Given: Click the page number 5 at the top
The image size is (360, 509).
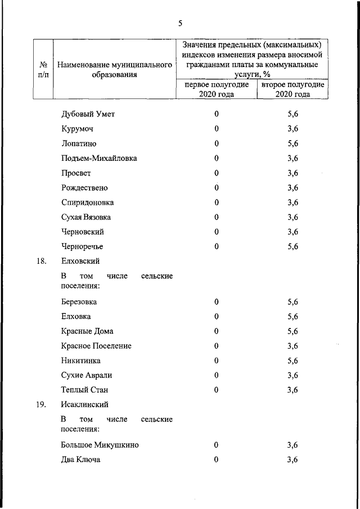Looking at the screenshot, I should click(180, 24).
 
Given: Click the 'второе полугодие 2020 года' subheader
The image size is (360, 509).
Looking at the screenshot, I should click(292, 89).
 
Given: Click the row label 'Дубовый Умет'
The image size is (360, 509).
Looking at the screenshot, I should click(88, 114).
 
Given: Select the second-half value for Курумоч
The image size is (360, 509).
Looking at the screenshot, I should click(292, 129).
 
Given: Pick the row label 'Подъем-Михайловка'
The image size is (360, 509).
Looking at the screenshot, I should click(98, 158).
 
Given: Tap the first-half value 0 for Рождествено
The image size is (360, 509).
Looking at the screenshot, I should click(216, 187).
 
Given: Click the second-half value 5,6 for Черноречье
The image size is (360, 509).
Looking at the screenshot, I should click(292, 246).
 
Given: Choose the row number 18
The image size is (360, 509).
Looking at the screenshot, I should click(40, 261).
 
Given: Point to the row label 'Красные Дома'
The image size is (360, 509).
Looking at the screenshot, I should click(87, 331).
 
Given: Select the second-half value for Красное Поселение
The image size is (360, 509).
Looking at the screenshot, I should click(292, 346).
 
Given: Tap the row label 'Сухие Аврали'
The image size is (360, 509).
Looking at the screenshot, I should click(87, 375).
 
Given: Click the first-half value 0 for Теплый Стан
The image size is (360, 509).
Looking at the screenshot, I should click(216, 390).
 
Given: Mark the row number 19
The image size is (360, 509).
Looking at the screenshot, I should click(40, 404).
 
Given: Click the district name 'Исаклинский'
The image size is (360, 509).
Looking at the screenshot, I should click(84, 404).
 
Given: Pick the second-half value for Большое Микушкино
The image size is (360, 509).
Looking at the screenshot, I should click(292, 445).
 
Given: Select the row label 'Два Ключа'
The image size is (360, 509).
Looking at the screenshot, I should click(81, 460).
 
